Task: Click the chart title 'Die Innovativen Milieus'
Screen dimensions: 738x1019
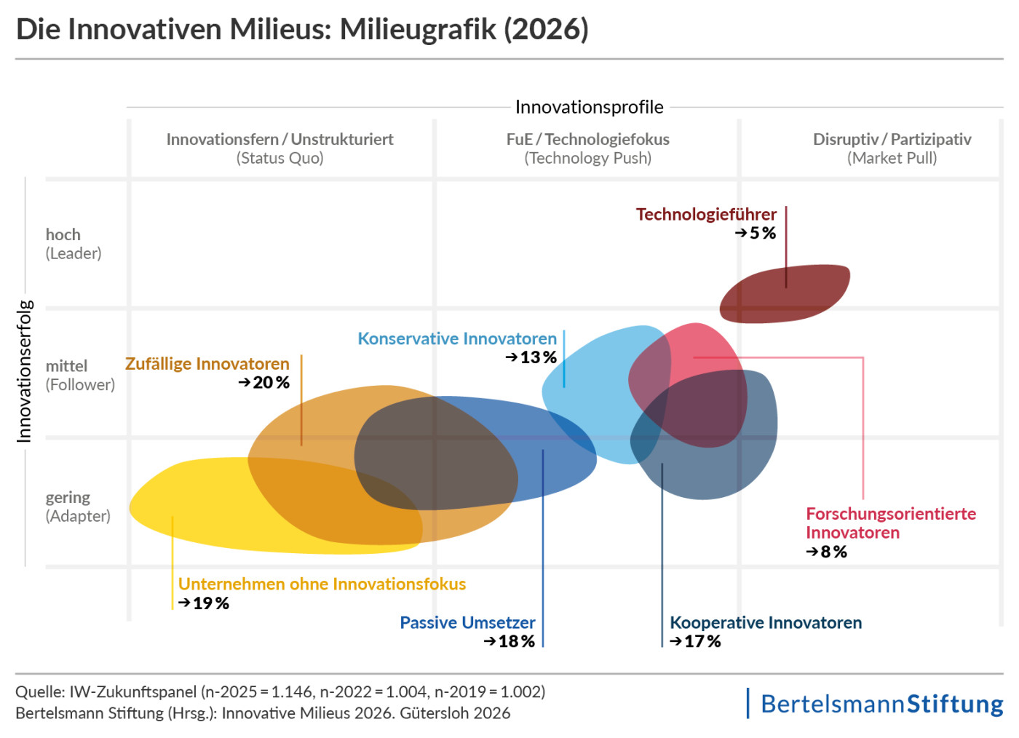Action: pos(302,30)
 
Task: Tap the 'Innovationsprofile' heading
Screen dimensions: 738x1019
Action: pos(589,107)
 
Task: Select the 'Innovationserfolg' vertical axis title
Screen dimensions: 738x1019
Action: pos(24,371)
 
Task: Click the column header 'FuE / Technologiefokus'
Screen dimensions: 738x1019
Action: pos(588,140)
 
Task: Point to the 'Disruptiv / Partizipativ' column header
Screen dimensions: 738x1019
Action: pos(892,140)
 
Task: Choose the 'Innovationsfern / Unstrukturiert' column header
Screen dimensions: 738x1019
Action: pos(279,140)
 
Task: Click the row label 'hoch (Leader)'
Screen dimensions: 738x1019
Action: pos(73,244)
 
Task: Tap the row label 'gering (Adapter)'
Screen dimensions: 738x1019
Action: pos(78,507)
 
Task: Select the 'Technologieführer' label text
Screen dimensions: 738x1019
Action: pos(706,215)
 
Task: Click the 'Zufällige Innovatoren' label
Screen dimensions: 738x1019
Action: pos(207,364)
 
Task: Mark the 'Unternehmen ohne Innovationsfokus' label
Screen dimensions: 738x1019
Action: pos(322,584)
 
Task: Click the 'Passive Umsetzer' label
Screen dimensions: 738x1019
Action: pos(467,623)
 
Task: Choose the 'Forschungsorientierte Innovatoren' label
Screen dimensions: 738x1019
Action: pos(890,523)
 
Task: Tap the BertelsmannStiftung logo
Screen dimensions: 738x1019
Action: pos(881,704)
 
